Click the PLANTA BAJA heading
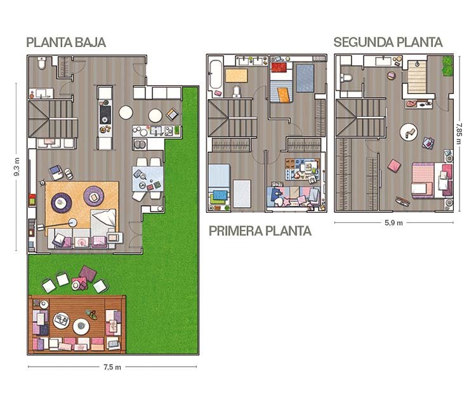click(66, 42)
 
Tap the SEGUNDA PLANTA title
click(388, 42)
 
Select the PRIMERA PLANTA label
click(260, 231)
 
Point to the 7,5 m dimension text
click(112, 367)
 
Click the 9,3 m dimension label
click(17, 167)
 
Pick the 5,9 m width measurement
click(393, 223)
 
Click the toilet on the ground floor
click(42, 63)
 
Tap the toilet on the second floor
click(347, 78)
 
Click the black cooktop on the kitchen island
click(105, 115)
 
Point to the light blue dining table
click(148, 179)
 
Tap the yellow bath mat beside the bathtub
click(236, 76)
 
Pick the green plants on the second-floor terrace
click(447, 65)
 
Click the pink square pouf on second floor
click(394, 166)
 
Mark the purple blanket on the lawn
click(88, 273)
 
